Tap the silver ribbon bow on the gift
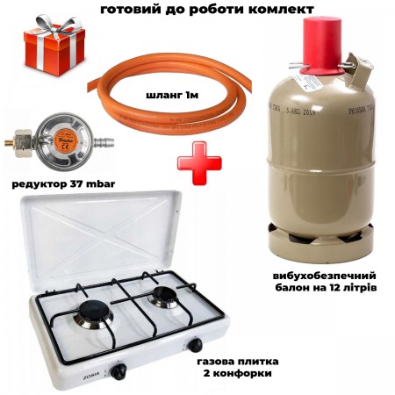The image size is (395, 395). tap(54, 24)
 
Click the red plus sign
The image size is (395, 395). tap(199, 163)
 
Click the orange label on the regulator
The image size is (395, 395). tap(62, 141)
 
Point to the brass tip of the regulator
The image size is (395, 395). tap(10, 143)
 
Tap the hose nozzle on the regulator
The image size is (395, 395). tap(104, 143)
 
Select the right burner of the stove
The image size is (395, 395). tap(164, 296)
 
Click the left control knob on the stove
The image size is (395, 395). tap(118, 371)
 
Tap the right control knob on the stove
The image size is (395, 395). tap(195, 346)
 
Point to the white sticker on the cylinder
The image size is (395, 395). tap(308, 82)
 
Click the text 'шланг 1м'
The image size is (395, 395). tap(172, 95)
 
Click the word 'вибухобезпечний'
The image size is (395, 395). tap(325, 276)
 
